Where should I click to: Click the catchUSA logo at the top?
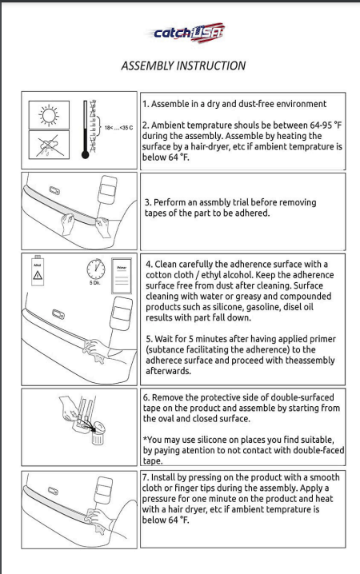coord(186,33)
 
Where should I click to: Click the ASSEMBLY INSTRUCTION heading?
coord(183,66)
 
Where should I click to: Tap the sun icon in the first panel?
coord(49,115)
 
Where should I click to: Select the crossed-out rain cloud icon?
coord(49,145)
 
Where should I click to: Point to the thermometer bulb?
coord(86,155)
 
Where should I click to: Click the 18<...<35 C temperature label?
coord(118,128)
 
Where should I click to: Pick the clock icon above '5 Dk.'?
coord(95,269)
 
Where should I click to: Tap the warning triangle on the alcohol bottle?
coord(38,275)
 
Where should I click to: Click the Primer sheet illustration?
coord(122,276)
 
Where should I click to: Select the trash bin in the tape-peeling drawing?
coord(98,433)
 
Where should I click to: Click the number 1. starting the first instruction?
coord(146,104)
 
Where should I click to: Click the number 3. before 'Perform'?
coord(148,202)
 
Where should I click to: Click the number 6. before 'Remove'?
coord(146,397)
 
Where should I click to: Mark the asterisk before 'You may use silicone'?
coord(145,439)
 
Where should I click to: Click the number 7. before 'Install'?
coord(146,477)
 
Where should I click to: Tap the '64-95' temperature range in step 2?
coord(321,126)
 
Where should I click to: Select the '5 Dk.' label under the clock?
coord(95,283)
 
